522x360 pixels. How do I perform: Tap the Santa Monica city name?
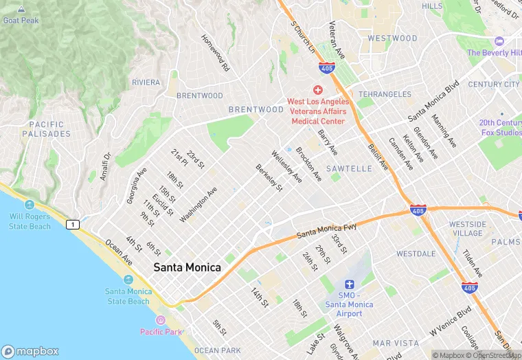click(x=187, y=267)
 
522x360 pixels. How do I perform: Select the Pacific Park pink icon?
click(x=160, y=320)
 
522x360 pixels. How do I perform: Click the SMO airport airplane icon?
click(x=349, y=284)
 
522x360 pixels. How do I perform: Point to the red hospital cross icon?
click(x=317, y=90)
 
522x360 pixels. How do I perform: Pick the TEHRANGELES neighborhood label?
click(x=385, y=94)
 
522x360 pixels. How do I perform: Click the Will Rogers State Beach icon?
click(x=30, y=205)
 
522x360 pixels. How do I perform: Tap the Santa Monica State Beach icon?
click(x=128, y=280)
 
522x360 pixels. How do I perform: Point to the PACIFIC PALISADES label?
click(x=46, y=128)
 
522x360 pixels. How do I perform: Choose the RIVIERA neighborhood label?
click(x=146, y=82)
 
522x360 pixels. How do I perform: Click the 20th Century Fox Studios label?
click(x=501, y=127)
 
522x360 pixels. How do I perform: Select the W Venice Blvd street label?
click(x=451, y=322)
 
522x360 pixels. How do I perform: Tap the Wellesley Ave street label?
click(x=286, y=167)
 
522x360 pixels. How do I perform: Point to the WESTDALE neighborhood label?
click(x=416, y=254)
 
